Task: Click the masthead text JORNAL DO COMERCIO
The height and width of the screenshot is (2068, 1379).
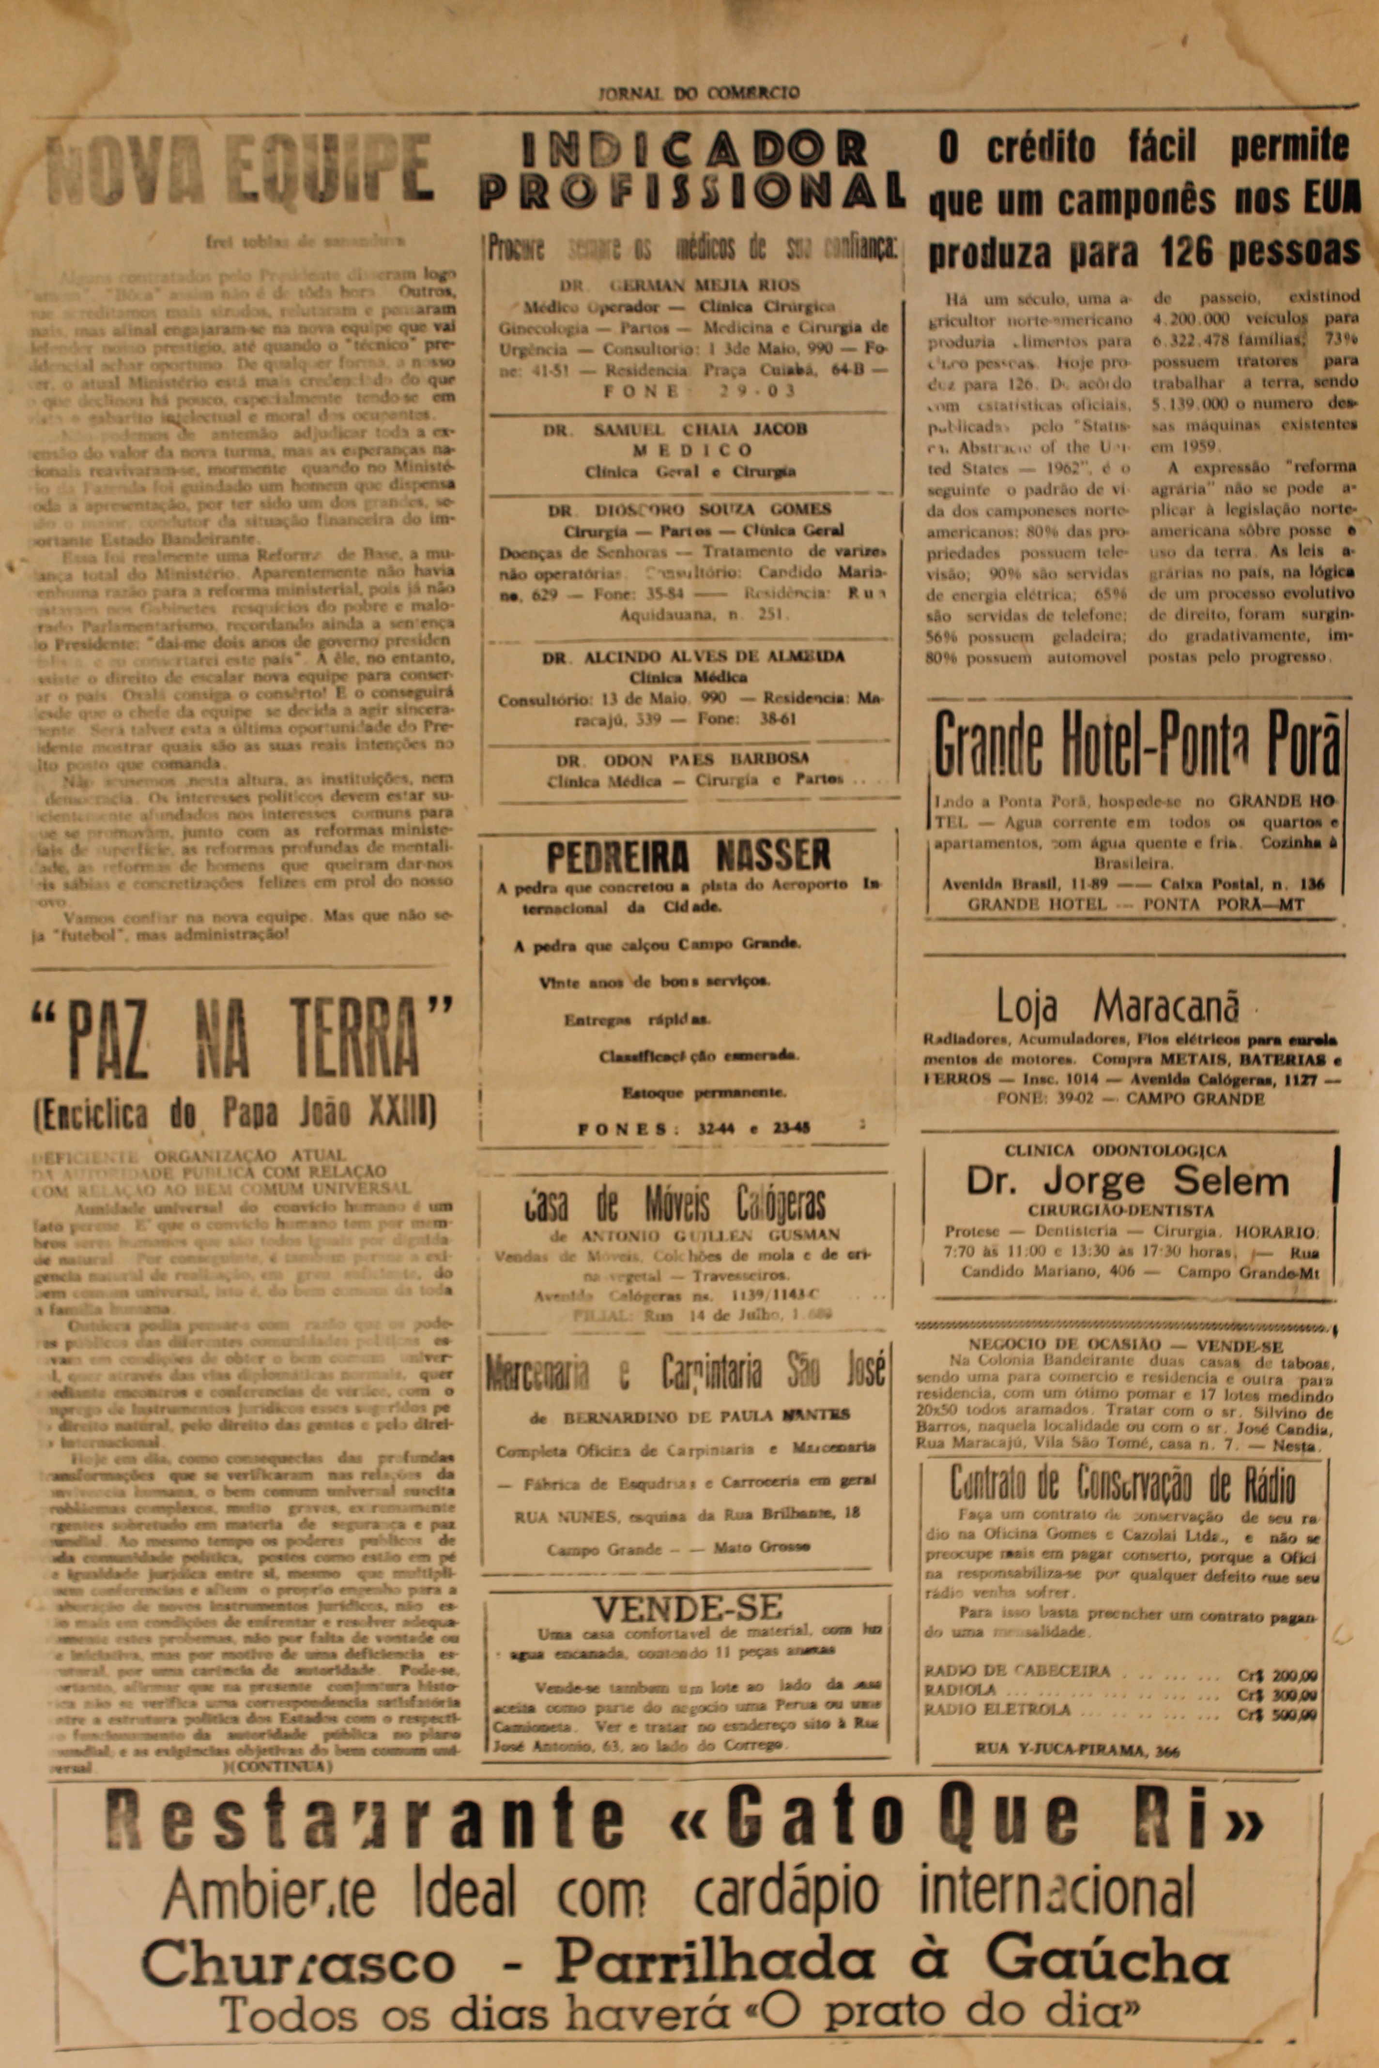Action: coord(699,92)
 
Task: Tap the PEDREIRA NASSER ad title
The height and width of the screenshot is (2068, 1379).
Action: coord(689,854)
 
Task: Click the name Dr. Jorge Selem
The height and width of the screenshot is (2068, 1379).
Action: coord(1128,1181)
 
